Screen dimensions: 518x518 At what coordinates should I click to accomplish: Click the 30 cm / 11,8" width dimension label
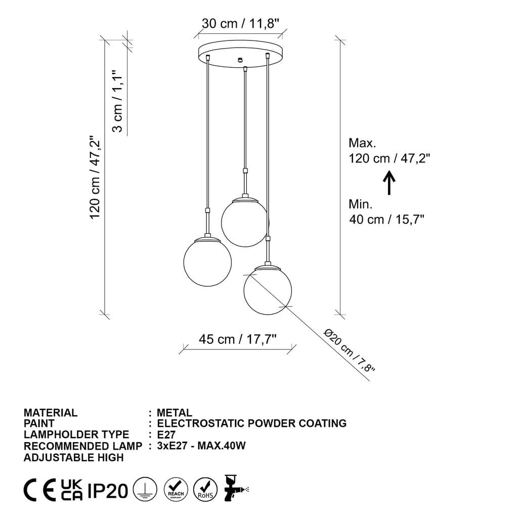point(241,23)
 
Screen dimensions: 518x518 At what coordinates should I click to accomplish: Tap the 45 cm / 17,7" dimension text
point(238,339)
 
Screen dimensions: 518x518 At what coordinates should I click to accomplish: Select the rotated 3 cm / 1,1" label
point(117,101)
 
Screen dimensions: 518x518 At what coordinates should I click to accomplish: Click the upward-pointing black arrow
point(389,183)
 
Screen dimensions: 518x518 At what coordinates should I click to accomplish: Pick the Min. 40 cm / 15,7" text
point(386,212)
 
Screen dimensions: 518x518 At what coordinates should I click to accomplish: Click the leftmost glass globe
point(207,261)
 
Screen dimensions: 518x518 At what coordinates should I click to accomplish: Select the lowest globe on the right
point(268,289)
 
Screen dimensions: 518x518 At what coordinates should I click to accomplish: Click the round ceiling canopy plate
point(240,53)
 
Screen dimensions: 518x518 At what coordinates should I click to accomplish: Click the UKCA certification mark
point(72,490)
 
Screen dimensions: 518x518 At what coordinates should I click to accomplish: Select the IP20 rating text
point(108,491)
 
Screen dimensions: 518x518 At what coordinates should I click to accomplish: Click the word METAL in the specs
point(175,413)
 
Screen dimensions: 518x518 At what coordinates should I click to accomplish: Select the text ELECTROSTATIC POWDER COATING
point(252,423)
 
